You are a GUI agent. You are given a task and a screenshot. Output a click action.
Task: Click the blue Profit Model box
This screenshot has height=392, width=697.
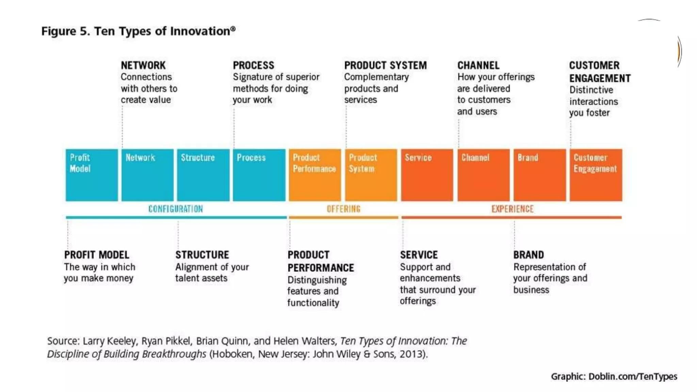pos(92,175)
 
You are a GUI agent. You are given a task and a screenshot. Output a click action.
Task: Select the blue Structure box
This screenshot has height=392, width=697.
pos(203,175)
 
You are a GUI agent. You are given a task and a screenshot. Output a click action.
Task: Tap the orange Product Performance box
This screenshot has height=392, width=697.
pos(315,175)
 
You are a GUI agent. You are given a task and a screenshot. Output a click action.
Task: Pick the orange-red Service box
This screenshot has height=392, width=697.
pos(427,175)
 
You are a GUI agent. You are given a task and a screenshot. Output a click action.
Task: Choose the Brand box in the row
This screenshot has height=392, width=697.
pos(539,175)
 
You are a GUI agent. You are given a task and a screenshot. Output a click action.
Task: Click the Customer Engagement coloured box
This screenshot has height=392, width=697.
pos(596,175)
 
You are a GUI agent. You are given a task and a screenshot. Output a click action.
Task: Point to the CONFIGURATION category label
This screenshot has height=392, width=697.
pos(176,209)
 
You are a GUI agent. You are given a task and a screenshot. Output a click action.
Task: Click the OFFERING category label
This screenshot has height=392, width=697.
pos(343,209)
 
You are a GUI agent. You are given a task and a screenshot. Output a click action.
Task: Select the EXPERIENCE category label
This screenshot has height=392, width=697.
pos(512,209)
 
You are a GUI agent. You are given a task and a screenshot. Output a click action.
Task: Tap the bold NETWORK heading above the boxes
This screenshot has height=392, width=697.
pos(143,65)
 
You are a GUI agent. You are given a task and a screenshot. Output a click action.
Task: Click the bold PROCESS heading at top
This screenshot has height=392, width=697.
pos(254,65)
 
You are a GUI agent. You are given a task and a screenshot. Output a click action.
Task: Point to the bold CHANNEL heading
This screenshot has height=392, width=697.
pos(478,65)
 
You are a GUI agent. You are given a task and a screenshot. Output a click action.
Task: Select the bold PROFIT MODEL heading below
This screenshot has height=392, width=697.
pos(97,255)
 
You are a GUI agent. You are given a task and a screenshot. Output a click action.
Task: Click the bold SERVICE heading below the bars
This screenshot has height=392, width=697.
pos(419,255)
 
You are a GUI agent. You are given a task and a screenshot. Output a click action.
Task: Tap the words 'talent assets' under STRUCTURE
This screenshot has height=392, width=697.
pos(201,278)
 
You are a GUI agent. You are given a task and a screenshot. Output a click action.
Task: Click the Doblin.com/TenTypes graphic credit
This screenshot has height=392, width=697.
pos(633,376)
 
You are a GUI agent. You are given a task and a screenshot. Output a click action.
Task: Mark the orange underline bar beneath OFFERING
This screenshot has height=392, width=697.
pos(343,217)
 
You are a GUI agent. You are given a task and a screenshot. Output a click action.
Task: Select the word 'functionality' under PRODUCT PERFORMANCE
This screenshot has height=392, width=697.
pos(313,303)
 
